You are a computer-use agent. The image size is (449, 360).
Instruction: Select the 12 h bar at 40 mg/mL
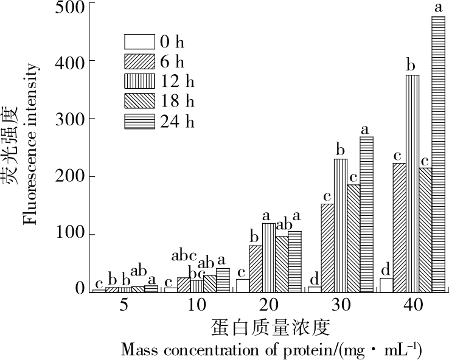(412, 183)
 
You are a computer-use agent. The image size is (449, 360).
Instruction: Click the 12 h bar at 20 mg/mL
(268, 257)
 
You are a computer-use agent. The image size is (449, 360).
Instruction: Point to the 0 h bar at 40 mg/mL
(386, 285)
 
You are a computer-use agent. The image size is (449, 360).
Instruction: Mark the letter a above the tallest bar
(438, 8)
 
